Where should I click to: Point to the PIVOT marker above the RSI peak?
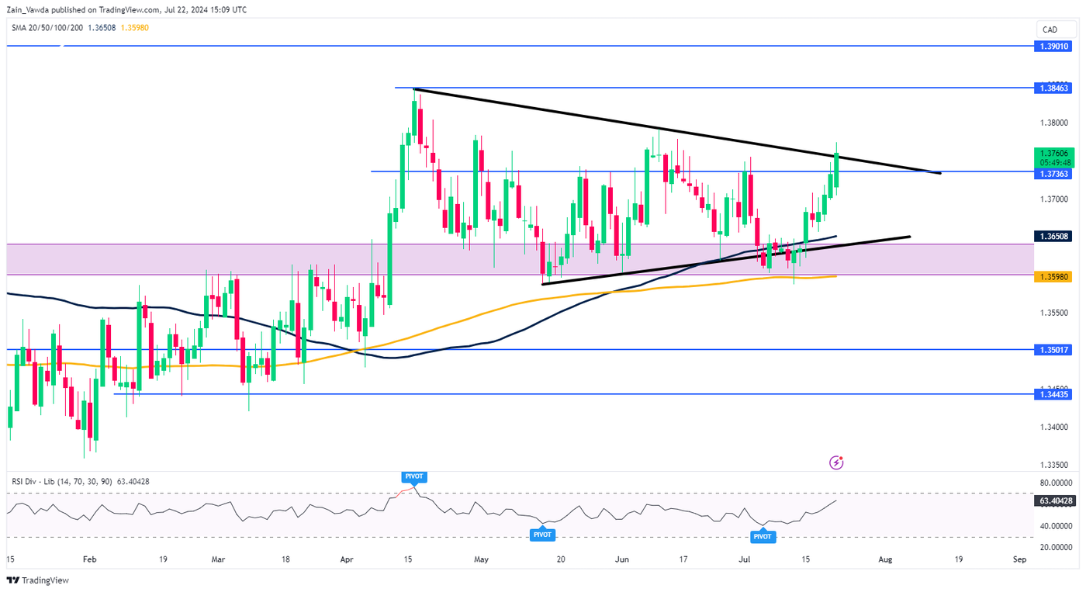[x=414, y=476]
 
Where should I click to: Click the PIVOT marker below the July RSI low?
[x=763, y=536]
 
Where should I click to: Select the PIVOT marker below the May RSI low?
[x=542, y=535]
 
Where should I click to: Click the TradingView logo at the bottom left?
[x=38, y=580]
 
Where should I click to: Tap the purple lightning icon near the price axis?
[x=836, y=463]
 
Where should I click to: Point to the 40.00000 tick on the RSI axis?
[x=1054, y=526]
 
